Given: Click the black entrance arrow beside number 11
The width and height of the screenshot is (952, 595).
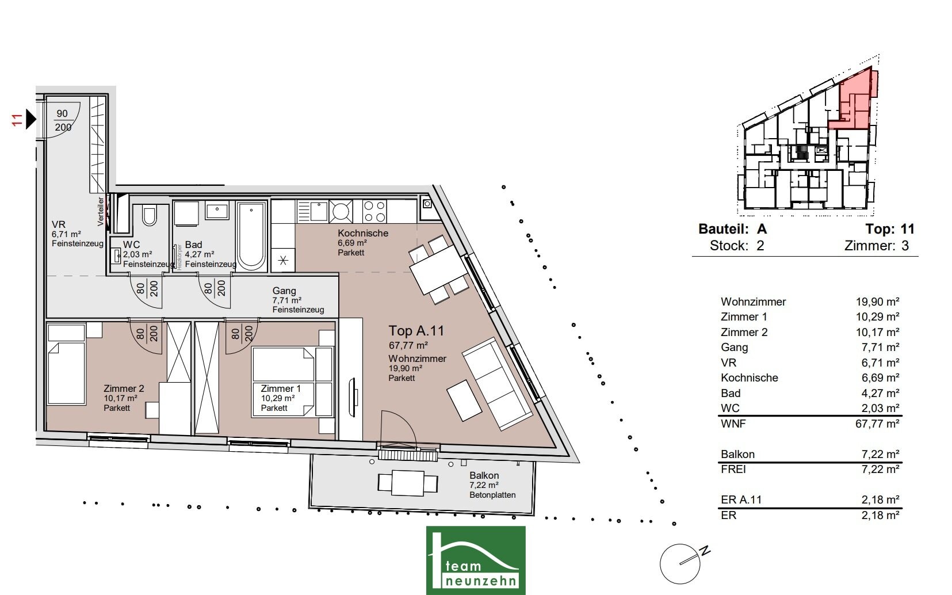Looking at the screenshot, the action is [x=30, y=119].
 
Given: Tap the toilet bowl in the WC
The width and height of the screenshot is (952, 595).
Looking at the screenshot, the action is [x=149, y=216].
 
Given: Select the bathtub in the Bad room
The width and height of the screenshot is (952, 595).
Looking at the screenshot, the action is [x=251, y=236].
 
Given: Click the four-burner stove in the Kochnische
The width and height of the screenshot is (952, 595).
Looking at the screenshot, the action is [x=374, y=211].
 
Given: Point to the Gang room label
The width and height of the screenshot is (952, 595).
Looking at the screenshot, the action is [x=284, y=291].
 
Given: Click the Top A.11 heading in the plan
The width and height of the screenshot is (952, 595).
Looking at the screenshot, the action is [x=416, y=331].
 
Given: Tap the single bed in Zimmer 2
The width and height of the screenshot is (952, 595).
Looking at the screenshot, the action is [x=66, y=364].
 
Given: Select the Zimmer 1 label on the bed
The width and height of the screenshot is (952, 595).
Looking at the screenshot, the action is [x=281, y=388].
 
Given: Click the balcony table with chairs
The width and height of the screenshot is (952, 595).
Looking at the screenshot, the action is [x=408, y=483].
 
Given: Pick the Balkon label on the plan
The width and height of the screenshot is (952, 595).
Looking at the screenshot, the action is [x=484, y=475].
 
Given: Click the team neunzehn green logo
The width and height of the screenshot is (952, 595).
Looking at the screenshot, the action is [x=476, y=560].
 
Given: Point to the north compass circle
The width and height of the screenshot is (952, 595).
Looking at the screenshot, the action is [x=679, y=564].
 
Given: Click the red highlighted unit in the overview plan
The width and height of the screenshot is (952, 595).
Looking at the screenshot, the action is [x=854, y=102].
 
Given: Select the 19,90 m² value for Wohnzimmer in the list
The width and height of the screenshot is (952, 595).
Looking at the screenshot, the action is [x=877, y=302].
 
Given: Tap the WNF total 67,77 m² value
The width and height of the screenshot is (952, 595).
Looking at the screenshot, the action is [x=877, y=424].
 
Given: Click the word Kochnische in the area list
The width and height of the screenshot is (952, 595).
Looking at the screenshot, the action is [x=750, y=377].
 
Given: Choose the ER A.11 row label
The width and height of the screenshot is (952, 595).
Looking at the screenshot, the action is [x=741, y=499].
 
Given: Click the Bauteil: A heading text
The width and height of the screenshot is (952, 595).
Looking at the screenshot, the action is [x=733, y=229].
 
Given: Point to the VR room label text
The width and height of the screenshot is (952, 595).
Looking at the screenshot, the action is [x=59, y=224].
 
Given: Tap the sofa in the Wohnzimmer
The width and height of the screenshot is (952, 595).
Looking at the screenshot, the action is [x=497, y=383].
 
